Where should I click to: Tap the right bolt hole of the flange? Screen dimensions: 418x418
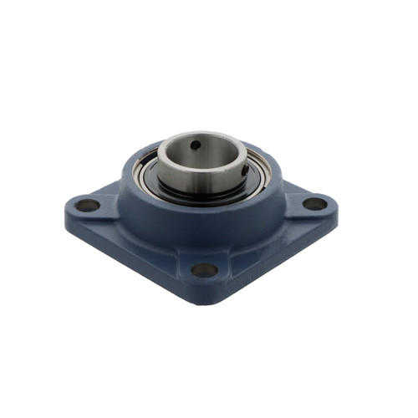[314, 203]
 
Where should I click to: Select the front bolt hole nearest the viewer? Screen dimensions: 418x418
[203, 269]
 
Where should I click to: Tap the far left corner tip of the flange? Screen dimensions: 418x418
[66, 208]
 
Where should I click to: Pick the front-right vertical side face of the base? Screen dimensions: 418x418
[276, 255]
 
